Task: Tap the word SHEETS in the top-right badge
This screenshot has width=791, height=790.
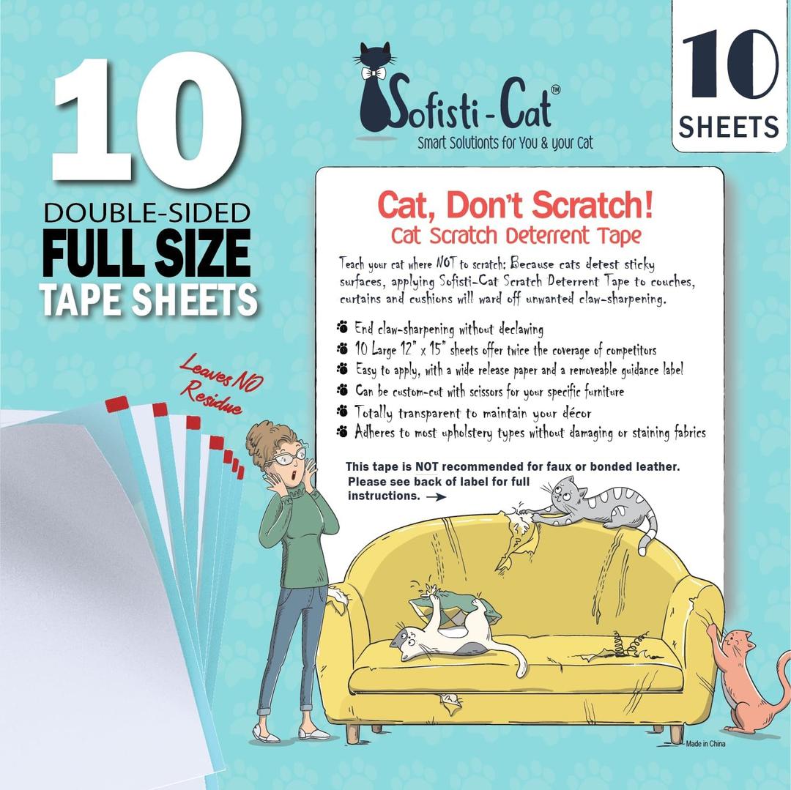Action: pos(729,127)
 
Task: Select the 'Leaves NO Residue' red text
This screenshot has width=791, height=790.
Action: pos(218,384)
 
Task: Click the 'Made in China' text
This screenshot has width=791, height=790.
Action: pos(705,744)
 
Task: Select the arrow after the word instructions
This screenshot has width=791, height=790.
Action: pos(436,496)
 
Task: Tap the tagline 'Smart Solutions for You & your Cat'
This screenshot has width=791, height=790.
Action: pos(505,143)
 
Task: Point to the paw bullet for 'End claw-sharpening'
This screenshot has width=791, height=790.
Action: pos(342,328)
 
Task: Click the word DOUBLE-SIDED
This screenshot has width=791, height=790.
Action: pos(147,213)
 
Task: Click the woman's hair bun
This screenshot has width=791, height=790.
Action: pos(261,438)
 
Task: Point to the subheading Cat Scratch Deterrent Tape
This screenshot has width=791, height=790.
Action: pos(516,236)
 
